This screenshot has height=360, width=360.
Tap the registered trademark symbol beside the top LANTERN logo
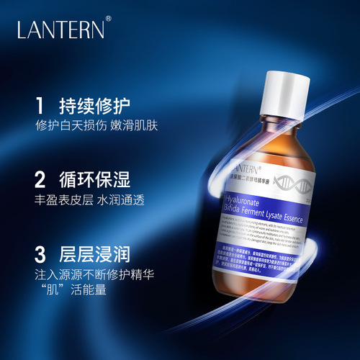109,21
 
